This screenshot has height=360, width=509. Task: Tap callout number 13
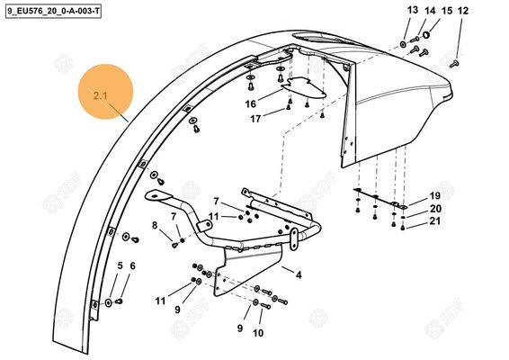[x=413, y=10]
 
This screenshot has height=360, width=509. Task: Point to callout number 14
[x=430, y=11]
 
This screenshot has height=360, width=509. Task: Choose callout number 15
[x=447, y=11]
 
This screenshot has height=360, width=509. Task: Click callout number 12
[x=464, y=11]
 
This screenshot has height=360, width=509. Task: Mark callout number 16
[x=252, y=104]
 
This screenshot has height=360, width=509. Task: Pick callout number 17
[x=255, y=119]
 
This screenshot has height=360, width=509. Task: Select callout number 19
[x=434, y=196]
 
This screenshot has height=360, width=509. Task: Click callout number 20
[x=434, y=209]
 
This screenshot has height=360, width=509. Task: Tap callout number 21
[x=434, y=221]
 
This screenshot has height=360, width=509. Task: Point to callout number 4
[x=299, y=274]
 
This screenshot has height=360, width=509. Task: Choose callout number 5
[x=120, y=265]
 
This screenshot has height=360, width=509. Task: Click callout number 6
[x=132, y=265]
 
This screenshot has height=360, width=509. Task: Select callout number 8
[x=155, y=225]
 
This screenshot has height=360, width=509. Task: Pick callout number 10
[x=258, y=333]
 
